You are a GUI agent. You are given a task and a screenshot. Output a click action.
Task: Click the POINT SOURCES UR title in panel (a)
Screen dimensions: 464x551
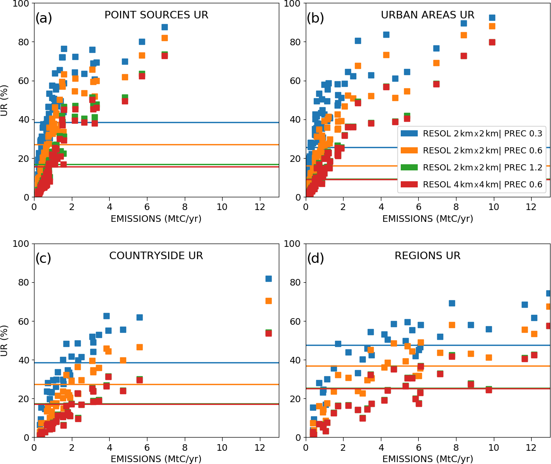click(x=156, y=15)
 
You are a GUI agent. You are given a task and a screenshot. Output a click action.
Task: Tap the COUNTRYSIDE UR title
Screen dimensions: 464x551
click(x=156, y=256)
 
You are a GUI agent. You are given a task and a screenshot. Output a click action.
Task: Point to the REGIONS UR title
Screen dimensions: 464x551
click(x=428, y=256)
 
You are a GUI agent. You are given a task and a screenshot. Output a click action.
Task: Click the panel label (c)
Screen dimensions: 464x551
click(x=43, y=258)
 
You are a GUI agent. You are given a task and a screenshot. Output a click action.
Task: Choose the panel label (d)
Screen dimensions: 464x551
click(x=315, y=258)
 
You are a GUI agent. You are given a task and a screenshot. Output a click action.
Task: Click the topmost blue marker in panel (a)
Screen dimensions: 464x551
click(x=164, y=27)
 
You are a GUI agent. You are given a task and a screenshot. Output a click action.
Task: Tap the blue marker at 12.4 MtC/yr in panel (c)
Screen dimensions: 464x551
click(x=268, y=278)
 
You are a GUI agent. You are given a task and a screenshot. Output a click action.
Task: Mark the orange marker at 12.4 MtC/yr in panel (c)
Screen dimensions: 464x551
click(x=268, y=301)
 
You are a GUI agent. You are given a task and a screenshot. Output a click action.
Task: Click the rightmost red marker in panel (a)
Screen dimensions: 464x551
click(x=164, y=56)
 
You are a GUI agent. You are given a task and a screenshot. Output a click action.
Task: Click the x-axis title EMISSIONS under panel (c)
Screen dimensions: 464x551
click(x=156, y=458)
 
